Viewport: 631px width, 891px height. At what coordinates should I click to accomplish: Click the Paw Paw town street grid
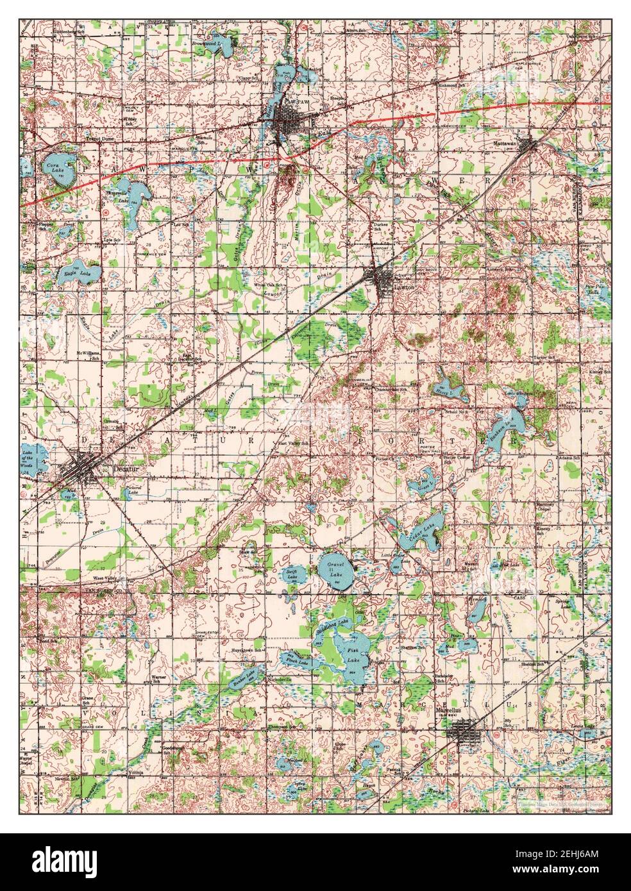click(286, 122)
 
